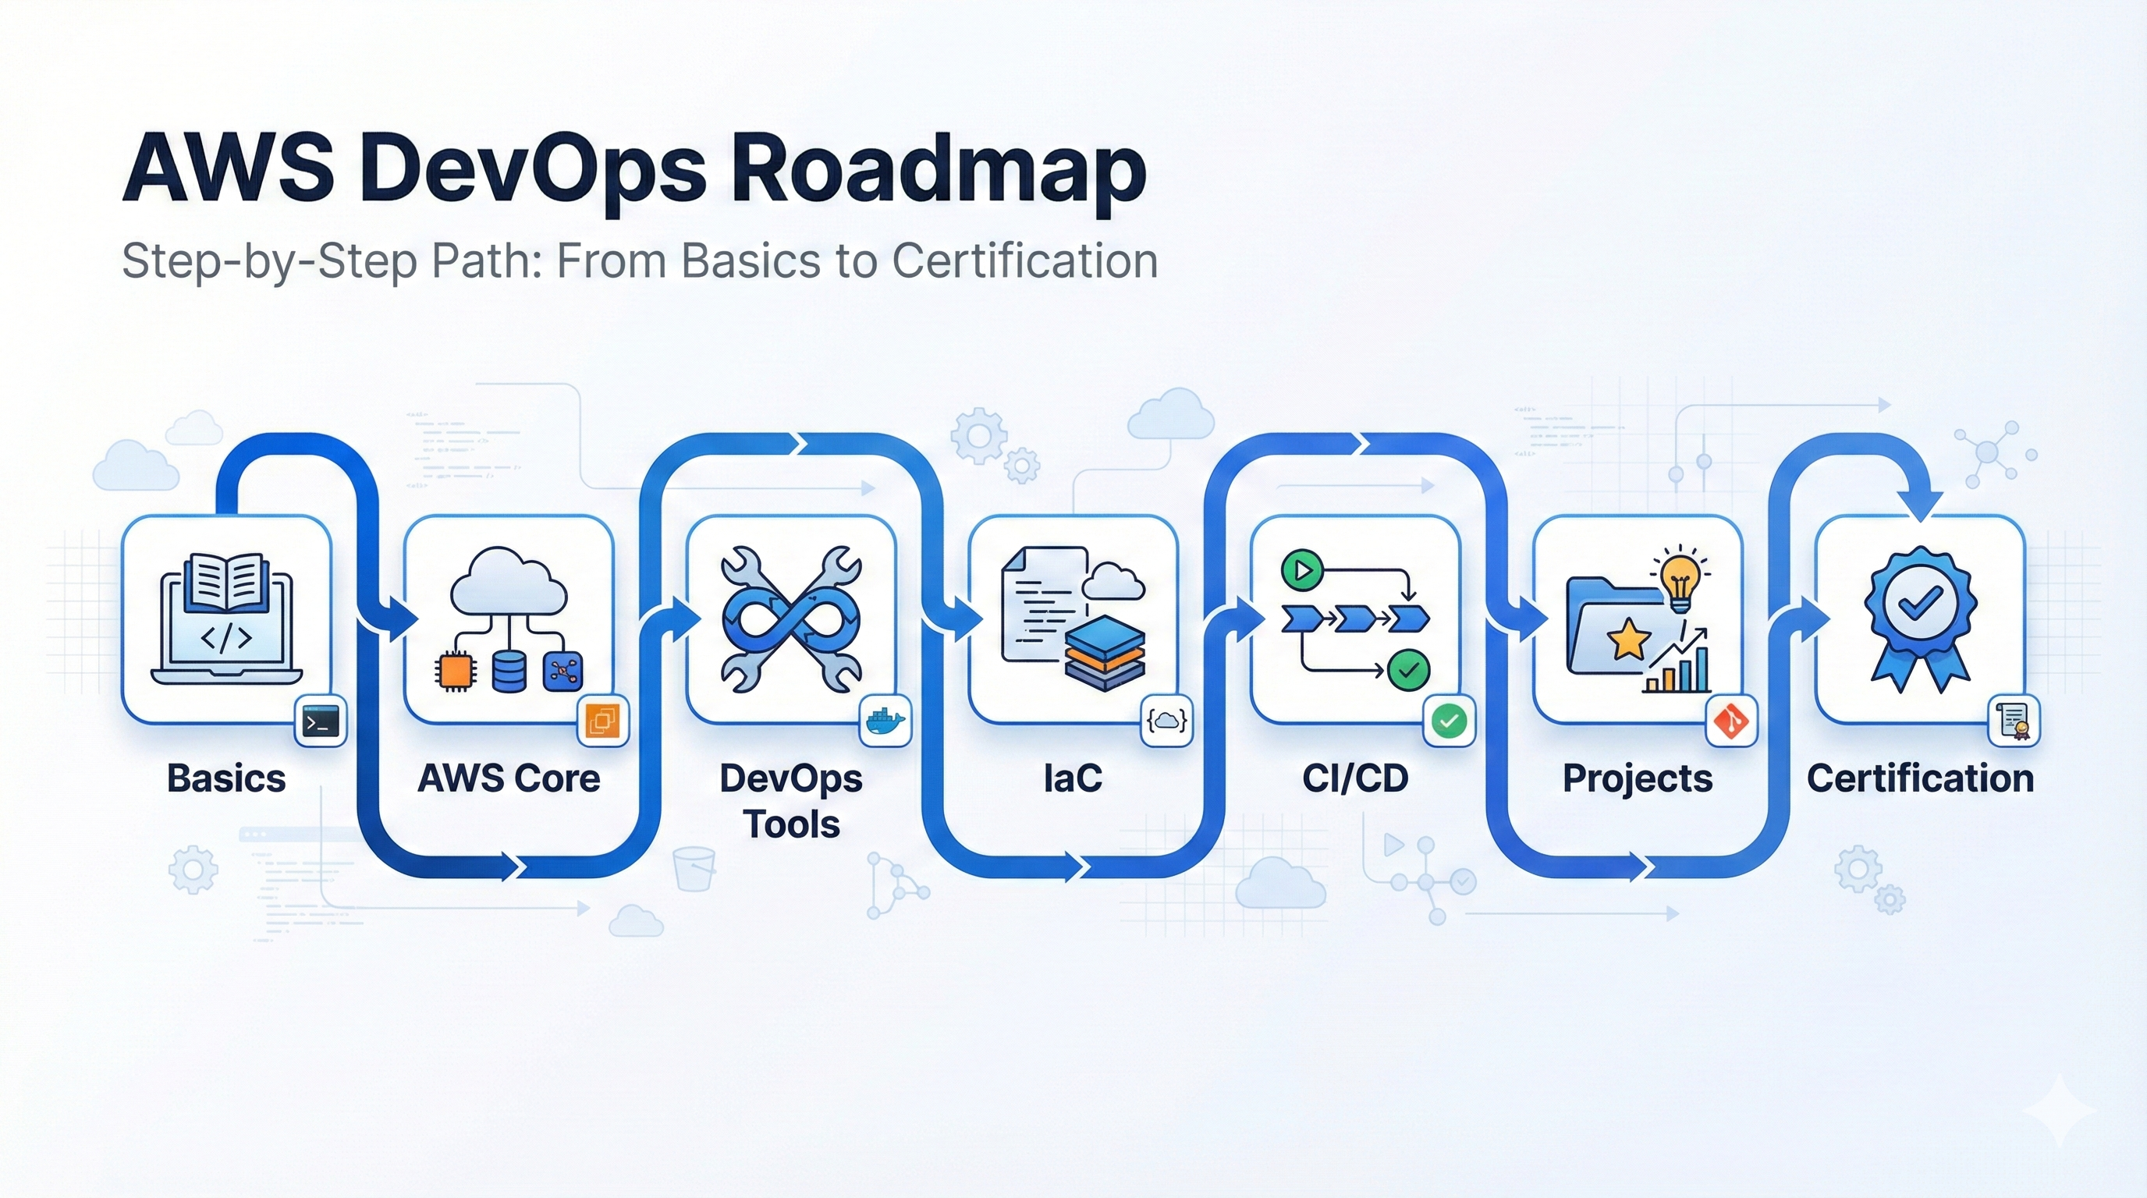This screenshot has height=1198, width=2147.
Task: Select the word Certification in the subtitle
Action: [1024, 261]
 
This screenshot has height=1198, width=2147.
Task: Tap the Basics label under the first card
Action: [226, 778]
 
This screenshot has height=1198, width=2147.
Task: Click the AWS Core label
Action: [509, 778]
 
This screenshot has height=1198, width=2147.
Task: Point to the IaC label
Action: [1073, 778]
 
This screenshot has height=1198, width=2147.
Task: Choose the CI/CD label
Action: [1355, 778]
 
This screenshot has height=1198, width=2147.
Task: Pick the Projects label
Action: [1637, 778]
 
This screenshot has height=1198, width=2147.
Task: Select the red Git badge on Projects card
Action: [1731, 721]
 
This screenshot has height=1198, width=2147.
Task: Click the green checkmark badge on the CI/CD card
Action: [1450, 721]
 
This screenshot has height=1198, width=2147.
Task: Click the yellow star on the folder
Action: [1627, 640]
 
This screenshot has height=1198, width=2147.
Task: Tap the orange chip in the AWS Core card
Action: [455, 672]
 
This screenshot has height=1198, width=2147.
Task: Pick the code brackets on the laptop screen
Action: [227, 638]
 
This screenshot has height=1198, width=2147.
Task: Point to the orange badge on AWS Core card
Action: [602, 721]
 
